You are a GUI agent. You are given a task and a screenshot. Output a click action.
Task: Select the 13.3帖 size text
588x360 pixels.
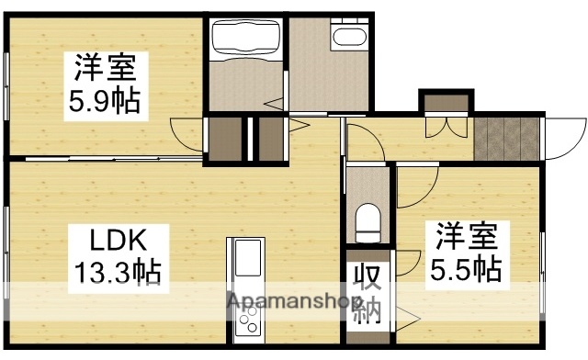[119, 272]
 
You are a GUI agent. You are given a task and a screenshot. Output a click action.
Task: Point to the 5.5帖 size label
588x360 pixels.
[466, 269]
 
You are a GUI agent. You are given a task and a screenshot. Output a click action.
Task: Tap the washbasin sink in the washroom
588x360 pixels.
[348, 37]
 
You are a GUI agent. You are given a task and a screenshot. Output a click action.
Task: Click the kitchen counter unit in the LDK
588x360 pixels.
[245, 289]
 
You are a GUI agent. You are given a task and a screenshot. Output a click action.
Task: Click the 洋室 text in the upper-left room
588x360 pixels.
[105, 67]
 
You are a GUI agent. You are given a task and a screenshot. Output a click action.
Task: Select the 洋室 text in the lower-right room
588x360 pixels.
[466, 237]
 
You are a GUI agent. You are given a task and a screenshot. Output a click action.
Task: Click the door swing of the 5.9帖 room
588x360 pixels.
[187, 135]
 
